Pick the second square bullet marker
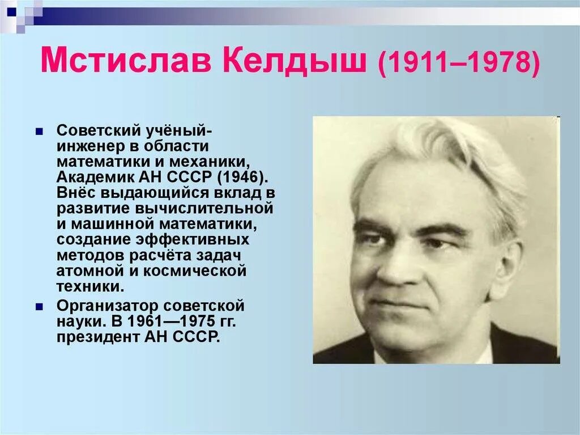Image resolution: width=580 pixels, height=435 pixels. (40, 307)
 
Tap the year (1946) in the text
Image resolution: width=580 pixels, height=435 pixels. (237, 176)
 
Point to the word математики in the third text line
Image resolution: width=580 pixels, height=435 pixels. (100, 161)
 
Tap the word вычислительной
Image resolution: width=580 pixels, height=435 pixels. (208, 208)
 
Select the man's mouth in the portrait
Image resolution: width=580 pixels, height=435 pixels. (403, 303)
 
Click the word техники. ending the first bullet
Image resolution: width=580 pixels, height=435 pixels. (89, 286)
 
